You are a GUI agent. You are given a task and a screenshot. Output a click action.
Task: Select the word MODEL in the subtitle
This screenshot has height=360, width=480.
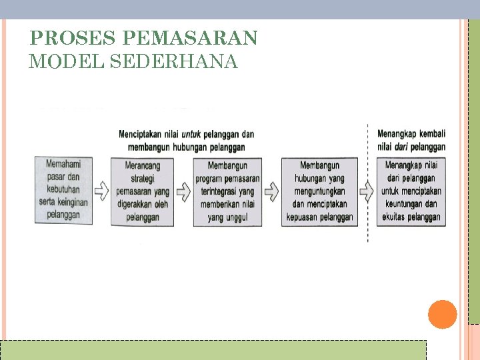click(66, 62)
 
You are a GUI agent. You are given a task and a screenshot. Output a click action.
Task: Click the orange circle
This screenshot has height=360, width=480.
click(442, 315)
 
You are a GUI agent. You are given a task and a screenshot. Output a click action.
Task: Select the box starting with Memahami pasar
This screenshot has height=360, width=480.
click(63, 190)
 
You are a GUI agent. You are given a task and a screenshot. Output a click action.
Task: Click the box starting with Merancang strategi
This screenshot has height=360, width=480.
click(142, 191)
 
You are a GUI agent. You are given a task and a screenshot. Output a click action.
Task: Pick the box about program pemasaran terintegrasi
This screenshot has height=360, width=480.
click(227, 191)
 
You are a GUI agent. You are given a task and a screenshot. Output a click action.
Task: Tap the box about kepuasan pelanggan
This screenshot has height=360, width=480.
click(319, 191)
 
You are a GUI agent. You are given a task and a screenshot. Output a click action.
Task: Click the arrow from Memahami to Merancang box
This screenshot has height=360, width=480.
click(101, 191)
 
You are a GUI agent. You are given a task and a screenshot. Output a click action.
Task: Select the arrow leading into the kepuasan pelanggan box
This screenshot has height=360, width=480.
click(271, 191)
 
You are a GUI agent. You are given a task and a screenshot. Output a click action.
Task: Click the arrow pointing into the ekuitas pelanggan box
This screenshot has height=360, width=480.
click(367, 191)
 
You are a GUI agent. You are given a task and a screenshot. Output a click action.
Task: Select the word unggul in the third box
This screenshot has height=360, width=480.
click(237, 218)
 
